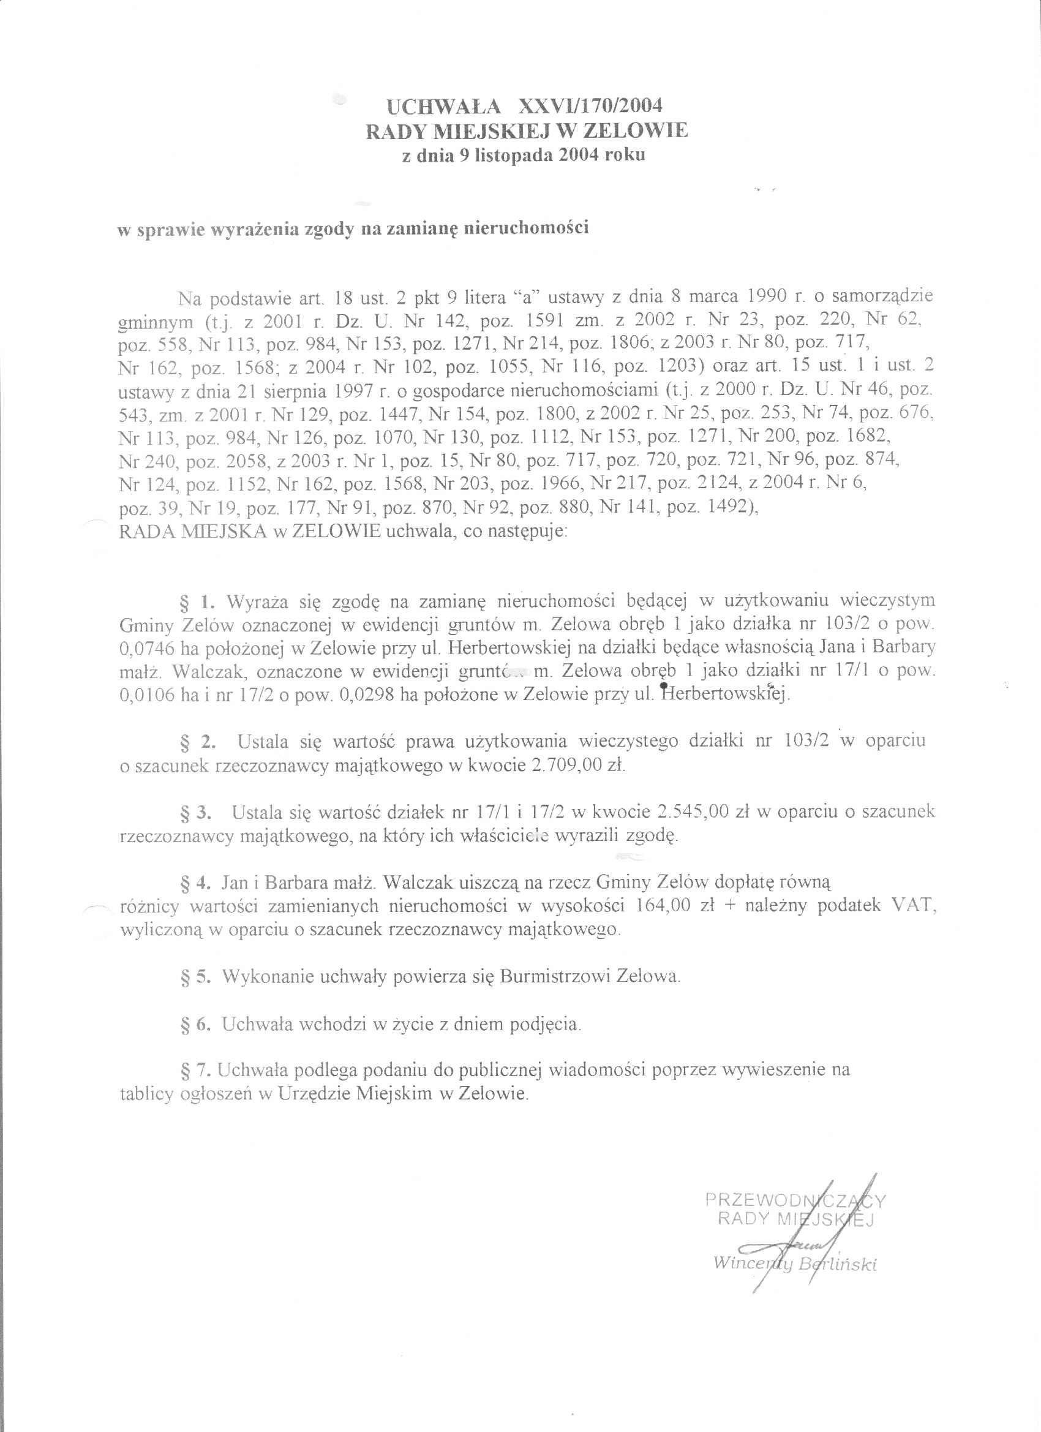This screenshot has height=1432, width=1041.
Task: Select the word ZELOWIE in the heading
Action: tap(634, 130)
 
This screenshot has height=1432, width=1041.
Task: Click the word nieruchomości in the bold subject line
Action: tap(527, 228)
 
